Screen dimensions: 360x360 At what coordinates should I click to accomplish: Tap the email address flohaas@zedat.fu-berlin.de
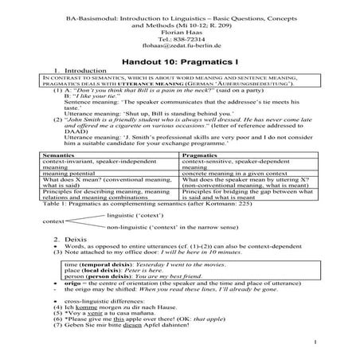pos(179,45)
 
